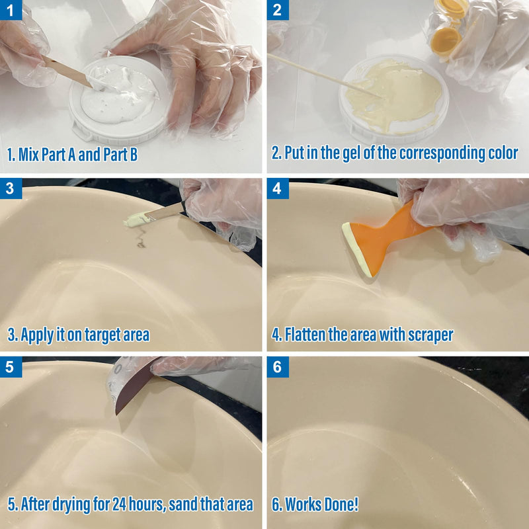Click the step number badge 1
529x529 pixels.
pos(9,9)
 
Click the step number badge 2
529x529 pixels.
pos(276,9)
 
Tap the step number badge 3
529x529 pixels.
pos(9,188)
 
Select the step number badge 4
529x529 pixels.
pos(276,188)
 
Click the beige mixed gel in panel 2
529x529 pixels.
pos(400,93)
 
